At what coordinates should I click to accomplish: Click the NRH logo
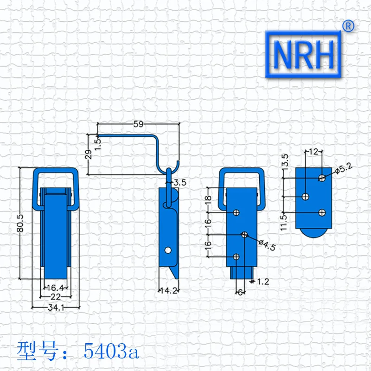303,54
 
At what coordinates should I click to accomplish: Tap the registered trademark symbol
348,26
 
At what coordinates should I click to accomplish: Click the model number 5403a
111,351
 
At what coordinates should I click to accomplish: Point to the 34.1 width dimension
56,307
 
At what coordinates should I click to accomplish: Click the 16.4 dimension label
55,288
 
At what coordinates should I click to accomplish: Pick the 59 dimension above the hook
138,124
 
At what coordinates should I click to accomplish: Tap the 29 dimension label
88,154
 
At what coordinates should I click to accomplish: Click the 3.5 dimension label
180,182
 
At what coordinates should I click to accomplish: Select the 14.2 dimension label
169,291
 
